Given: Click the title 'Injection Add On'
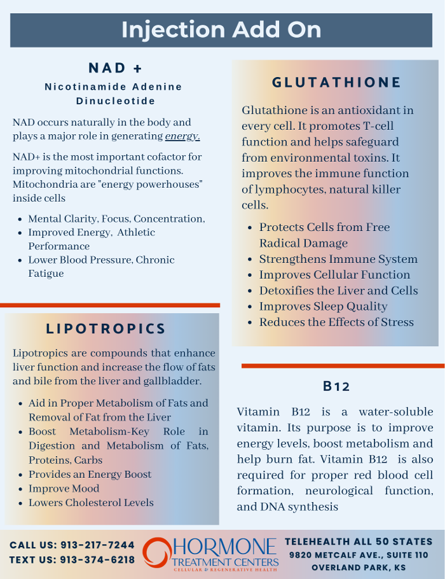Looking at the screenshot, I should tap(221, 30).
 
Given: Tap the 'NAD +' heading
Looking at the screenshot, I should tap(115, 68).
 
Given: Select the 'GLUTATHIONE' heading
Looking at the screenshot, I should tap(336, 83).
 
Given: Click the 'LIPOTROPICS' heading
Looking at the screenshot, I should tap(106, 329).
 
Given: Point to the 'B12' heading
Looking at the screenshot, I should tap(336, 386).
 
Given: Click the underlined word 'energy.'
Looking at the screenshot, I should tap(182, 136).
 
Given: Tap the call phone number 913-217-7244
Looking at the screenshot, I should tap(97, 545).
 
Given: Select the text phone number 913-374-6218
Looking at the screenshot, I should tap(97, 560).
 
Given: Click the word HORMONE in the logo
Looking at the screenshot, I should tap(226, 548).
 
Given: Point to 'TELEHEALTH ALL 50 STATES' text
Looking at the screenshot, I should tap(359, 541).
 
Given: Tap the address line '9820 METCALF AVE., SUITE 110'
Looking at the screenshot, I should tap(359, 555).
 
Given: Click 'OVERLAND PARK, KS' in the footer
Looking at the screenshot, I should tap(359, 568).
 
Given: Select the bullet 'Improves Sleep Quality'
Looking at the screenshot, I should tap(323, 307).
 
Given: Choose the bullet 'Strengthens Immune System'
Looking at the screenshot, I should tap(338, 259).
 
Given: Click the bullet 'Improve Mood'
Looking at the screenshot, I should tap(64, 489).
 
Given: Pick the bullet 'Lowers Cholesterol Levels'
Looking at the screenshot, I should tap(91, 503).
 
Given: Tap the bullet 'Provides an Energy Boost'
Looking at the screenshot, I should tap(90, 475).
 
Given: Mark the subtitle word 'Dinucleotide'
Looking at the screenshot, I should tap(115, 101).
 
